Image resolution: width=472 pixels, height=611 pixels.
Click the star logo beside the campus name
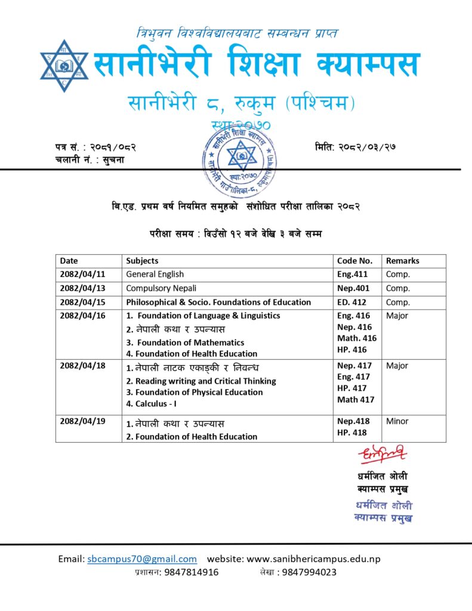pyautogui.click(x=64, y=65)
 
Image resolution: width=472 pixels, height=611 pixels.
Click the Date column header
pyautogui.click(x=69, y=261)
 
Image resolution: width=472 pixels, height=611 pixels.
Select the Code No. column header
pyautogui.click(x=354, y=261)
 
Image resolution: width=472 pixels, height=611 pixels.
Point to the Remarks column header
pyautogui.click(x=402, y=261)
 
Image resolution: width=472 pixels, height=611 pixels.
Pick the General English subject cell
pyautogui.click(x=155, y=274)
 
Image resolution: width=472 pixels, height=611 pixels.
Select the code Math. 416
pyautogui.click(x=357, y=338)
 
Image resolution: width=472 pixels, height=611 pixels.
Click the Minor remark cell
pyautogui.click(x=397, y=421)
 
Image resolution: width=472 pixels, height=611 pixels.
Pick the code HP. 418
pyautogui.click(x=352, y=433)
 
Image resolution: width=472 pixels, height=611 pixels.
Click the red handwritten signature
pyautogui.click(x=384, y=455)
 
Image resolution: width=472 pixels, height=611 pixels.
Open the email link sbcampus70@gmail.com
pyautogui.click(x=142, y=559)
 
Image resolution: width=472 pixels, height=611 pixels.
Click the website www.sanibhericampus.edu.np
pyautogui.click(x=313, y=559)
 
